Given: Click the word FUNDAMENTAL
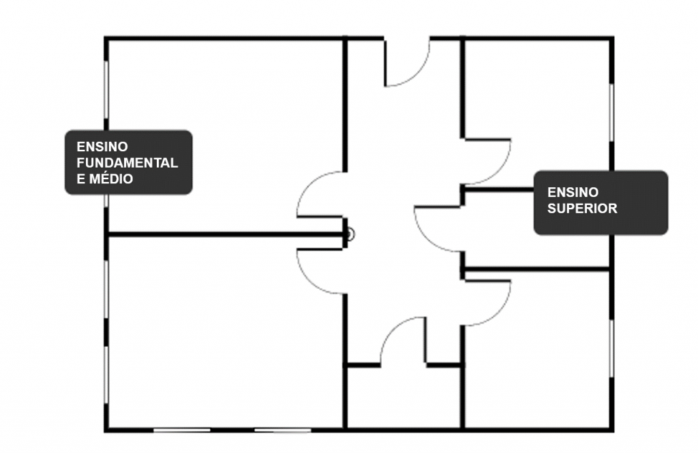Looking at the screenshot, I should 127,163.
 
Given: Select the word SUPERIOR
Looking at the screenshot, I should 582,208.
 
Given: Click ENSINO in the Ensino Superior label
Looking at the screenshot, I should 573,192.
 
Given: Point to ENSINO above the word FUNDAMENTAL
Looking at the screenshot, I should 102,146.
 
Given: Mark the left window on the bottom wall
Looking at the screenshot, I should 181,430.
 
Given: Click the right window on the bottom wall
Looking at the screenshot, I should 282,430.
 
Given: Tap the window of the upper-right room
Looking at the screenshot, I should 611,112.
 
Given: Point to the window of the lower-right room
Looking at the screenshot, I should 611,347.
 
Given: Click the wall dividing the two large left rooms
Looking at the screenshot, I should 225,235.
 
